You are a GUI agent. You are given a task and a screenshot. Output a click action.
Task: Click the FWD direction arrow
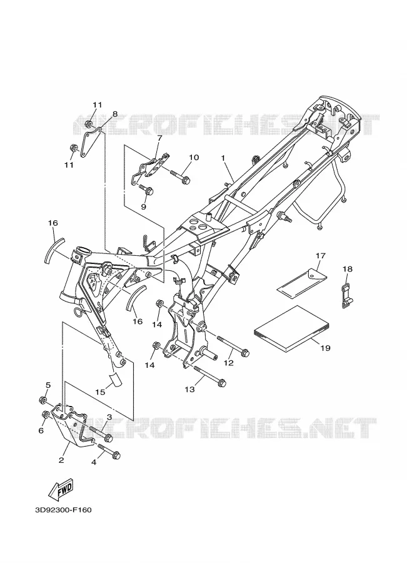[x=61, y=490]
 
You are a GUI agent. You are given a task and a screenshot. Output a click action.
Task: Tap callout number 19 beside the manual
[x=325, y=348]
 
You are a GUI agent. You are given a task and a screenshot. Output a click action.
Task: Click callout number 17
[x=320, y=256]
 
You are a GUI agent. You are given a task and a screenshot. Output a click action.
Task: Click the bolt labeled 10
[x=180, y=178]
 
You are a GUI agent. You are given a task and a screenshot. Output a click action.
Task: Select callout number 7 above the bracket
[x=159, y=138]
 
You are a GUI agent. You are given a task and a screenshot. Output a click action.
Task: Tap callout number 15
[x=101, y=392]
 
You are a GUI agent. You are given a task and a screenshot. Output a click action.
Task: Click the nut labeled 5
[x=43, y=399]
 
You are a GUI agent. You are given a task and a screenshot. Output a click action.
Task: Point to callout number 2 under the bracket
[x=61, y=460]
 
